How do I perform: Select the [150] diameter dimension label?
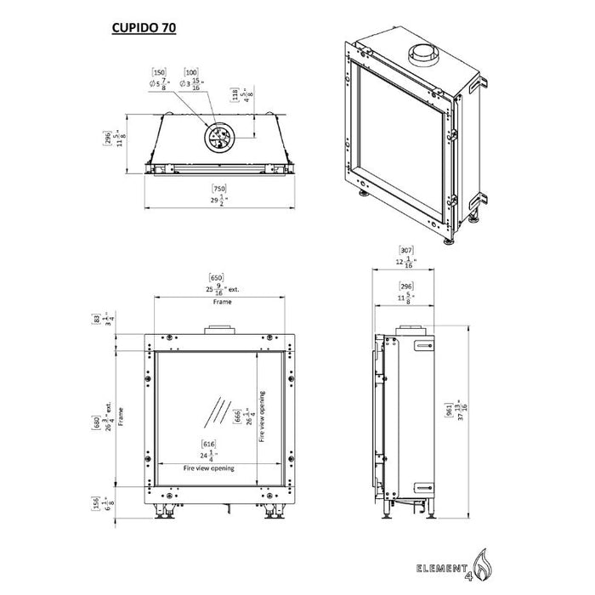pos(157,74)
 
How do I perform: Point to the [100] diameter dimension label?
pos(191,74)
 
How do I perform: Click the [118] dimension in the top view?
pos(235,94)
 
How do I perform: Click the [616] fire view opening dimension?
pos(207,444)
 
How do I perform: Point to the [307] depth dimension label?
pos(406,250)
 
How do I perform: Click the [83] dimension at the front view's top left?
pos(97,320)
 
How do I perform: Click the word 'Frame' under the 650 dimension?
pos(222,300)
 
